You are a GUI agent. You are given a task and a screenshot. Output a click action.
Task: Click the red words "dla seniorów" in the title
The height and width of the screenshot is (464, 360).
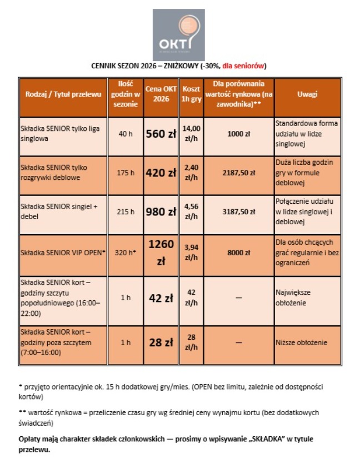244,65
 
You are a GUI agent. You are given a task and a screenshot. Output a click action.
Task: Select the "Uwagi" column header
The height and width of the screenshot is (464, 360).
307,94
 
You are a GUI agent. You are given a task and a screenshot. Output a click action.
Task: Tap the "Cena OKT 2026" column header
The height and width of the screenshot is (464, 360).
161,94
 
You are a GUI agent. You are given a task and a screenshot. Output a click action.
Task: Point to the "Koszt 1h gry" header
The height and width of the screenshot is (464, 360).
191,94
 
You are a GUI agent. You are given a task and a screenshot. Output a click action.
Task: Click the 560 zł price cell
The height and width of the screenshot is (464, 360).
161,134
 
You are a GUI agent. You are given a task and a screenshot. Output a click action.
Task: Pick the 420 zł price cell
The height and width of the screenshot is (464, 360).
161,173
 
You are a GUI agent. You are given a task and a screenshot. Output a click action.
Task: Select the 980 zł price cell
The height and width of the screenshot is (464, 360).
161,211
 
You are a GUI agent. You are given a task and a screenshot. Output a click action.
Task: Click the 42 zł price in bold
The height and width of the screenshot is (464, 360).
161,298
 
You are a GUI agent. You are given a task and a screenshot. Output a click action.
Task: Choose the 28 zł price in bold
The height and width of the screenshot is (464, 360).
161,342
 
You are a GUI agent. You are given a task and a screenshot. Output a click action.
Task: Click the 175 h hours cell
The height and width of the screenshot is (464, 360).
126,173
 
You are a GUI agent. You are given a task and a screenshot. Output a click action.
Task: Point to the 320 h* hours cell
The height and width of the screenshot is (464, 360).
126,253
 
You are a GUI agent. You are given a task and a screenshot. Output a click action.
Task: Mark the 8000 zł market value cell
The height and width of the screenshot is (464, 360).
238,253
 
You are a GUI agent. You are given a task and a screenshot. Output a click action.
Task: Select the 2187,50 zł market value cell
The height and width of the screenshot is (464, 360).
238,173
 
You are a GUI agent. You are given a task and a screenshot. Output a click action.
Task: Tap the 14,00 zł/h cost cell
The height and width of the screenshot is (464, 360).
191,133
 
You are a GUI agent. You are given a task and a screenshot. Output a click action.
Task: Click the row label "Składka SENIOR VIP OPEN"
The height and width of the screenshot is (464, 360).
62,253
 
